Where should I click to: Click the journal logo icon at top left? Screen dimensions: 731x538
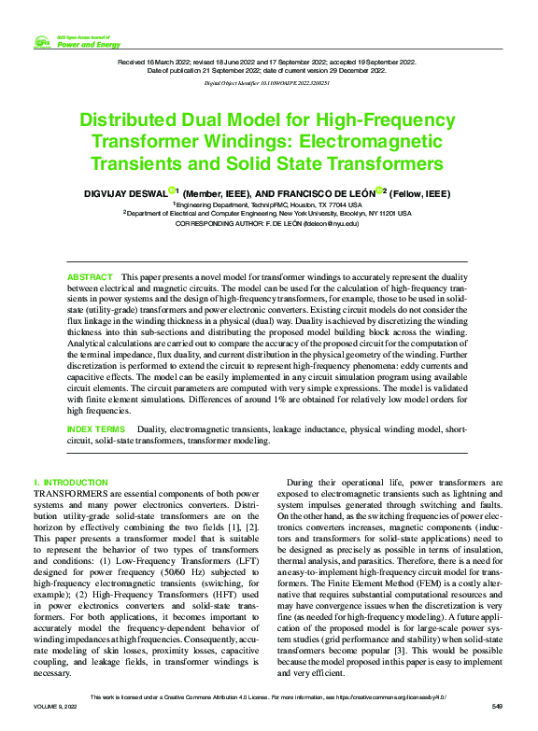(x=42, y=42)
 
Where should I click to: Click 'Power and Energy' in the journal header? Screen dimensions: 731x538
(x=89, y=44)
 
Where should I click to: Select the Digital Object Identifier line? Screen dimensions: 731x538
(x=268, y=83)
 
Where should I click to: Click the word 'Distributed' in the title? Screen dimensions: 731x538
(x=139, y=122)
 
